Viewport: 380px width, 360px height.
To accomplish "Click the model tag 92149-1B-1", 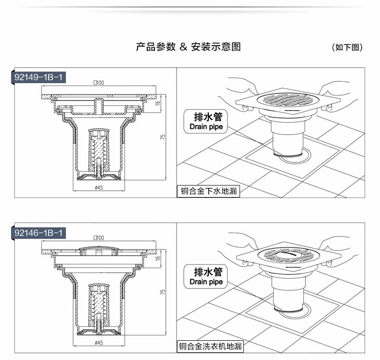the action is [x=38, y=77].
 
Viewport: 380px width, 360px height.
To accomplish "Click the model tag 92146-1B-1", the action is [x=38, y=233].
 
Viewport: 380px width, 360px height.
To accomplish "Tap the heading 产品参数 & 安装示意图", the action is [x=188, y=47].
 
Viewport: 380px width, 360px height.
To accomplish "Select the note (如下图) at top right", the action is [x=347, y=47].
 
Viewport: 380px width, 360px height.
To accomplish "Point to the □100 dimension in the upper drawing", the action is [x=99, y=83].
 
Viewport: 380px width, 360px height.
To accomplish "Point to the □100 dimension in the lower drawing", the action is [x=99, y=238].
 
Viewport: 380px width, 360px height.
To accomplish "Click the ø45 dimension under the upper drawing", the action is [x=99, y=187].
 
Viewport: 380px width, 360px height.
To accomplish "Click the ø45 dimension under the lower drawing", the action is [x=99, y=343].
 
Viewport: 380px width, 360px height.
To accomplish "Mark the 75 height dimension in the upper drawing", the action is [x=163, y=137].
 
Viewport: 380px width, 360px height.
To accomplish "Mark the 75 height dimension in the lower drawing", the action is [x=163, y=292].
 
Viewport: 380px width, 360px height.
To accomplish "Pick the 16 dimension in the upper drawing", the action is [x=158, y=103].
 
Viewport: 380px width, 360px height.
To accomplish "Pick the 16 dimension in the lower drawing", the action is [x=158, y=258].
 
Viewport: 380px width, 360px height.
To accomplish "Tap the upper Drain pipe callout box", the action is [x=206, y=121].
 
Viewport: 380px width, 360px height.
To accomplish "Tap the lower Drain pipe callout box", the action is [x=206, y=276].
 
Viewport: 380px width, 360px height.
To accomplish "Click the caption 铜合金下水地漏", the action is [x=208, y=191].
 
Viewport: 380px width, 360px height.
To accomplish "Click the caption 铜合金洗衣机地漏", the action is [x=210, y=347].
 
